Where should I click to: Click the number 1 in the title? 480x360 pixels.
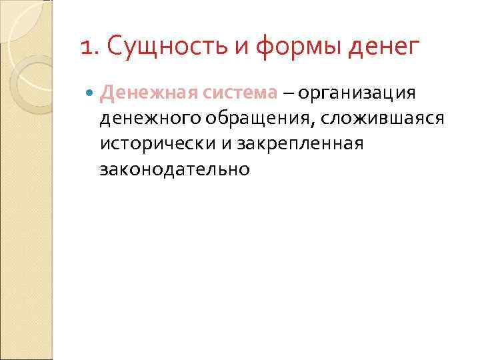point(85,49)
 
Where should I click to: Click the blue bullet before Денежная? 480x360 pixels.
point(91,93)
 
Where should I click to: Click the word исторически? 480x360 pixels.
point(149,144)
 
